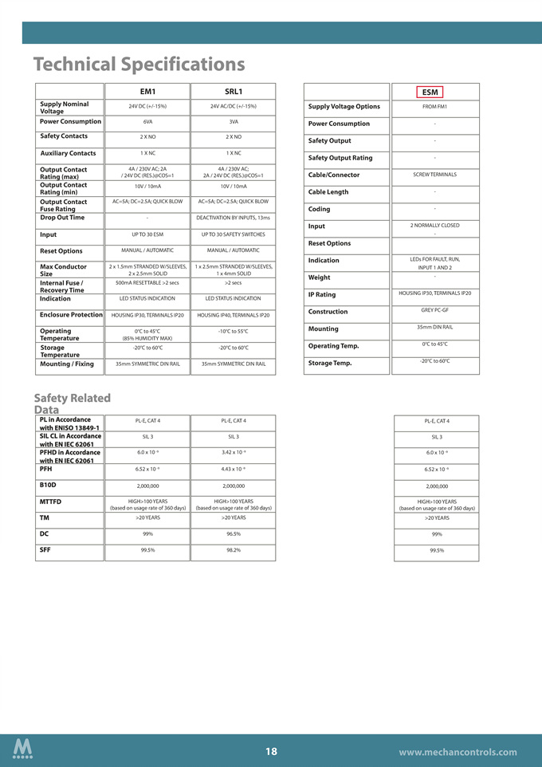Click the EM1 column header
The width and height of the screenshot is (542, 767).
(147, 92)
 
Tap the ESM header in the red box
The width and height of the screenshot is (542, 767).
(430, 92)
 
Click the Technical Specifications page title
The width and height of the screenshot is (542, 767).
(139, 64)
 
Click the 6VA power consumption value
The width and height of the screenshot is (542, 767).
(147, 122)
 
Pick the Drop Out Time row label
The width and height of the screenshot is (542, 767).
(62, 217)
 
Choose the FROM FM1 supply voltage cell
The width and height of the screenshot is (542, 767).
(434, 106)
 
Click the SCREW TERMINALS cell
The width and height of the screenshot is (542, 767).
(434, 175)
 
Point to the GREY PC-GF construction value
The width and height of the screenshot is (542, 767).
(434, 309)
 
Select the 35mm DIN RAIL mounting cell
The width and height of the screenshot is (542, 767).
(434, 327)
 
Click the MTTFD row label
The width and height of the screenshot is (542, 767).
(50, 501)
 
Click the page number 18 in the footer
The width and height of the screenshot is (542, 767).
(271, 751)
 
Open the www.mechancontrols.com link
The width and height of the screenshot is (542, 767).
(458, 752)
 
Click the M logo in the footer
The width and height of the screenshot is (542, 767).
(23, 749)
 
